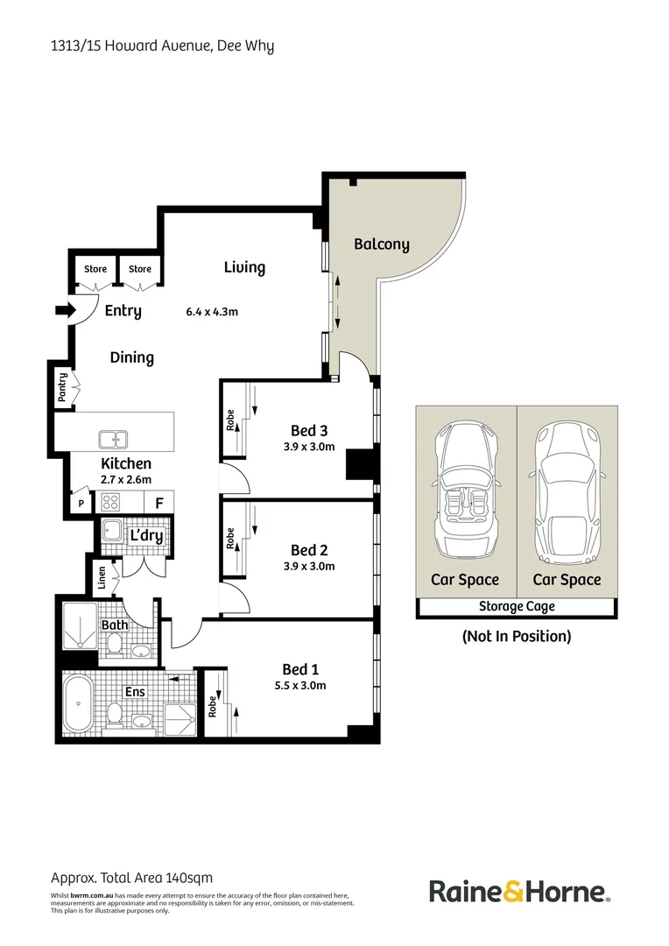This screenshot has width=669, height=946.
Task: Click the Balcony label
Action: (381, 244)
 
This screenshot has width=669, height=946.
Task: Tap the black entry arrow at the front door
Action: (64, 309)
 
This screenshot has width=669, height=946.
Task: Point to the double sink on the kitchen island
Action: (111, 438)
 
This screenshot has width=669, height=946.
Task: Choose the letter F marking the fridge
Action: (159, 503)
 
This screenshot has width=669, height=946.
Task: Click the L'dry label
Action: (146, 536)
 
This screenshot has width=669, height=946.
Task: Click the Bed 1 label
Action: (299, 668)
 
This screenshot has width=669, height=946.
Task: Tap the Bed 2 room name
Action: (309, 550)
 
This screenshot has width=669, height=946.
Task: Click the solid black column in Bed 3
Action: (360, 463)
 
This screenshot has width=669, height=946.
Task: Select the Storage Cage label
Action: (516, 606)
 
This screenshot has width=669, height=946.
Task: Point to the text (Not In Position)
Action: (516, 637)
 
